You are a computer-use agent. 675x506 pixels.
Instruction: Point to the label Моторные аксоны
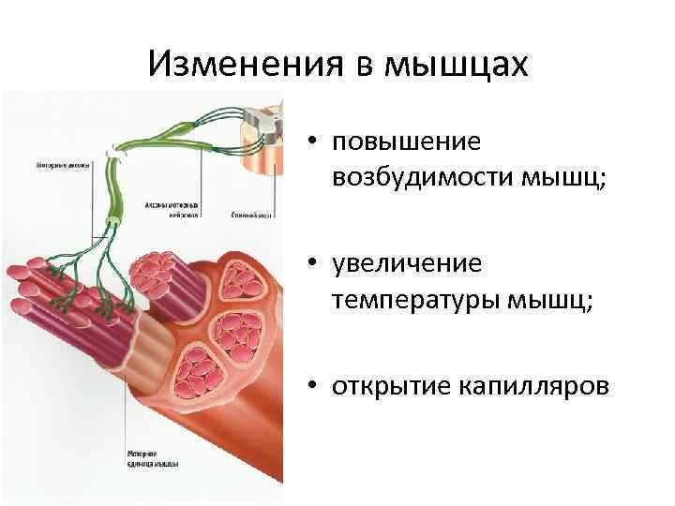[64, 166]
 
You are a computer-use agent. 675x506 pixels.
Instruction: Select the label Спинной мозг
[250, 215]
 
